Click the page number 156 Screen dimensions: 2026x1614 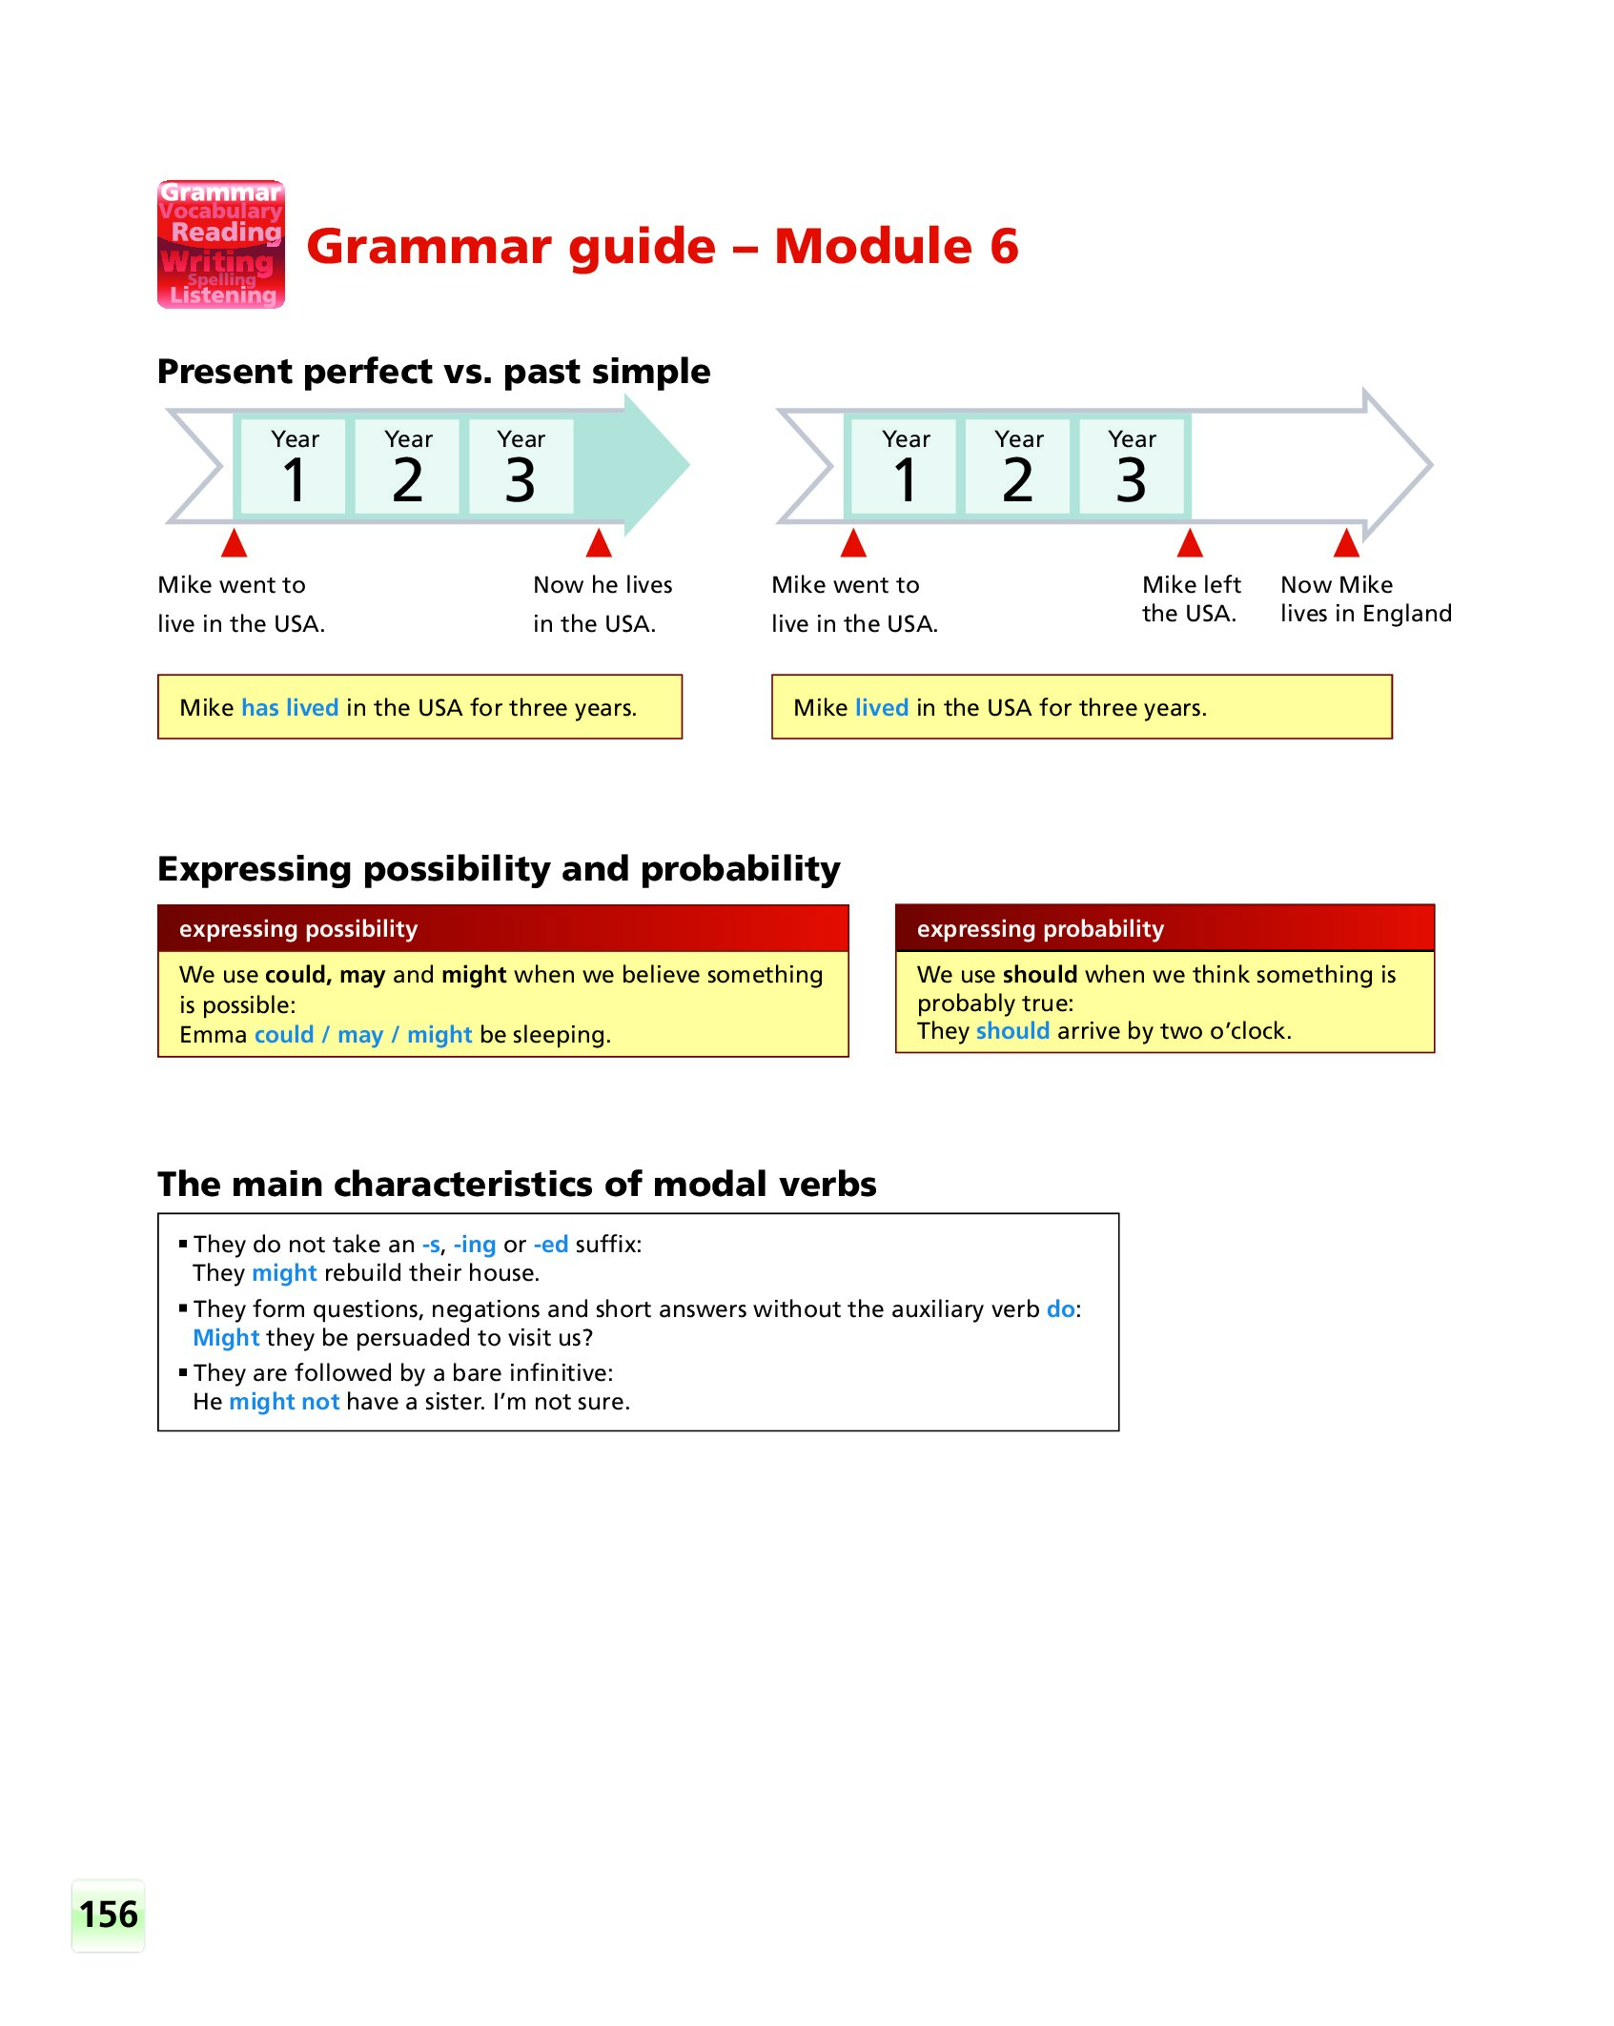109,1915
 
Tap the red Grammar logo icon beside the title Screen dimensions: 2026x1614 221,245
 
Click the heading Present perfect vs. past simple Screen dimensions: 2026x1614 434,372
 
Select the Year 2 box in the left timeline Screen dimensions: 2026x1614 408,466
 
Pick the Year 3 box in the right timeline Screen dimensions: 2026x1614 1132,466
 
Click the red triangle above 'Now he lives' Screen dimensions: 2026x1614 599,543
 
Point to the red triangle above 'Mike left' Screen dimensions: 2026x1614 1190,543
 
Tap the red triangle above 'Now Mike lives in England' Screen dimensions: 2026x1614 1346,543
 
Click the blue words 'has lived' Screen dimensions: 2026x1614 290,708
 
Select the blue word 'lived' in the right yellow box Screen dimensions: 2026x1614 882,708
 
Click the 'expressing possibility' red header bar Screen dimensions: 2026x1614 502,929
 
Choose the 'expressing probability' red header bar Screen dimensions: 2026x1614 1164,929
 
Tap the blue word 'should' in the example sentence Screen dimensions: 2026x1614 1012,1031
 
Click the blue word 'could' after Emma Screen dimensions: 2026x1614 284,1035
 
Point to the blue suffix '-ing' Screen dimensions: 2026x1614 475,1245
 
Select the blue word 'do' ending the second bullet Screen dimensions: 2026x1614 1060,1309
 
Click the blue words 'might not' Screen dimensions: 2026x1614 284,1402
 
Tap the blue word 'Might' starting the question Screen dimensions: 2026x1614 226,1338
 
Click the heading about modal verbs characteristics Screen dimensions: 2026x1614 517,1185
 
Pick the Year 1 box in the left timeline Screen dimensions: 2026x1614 295,466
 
